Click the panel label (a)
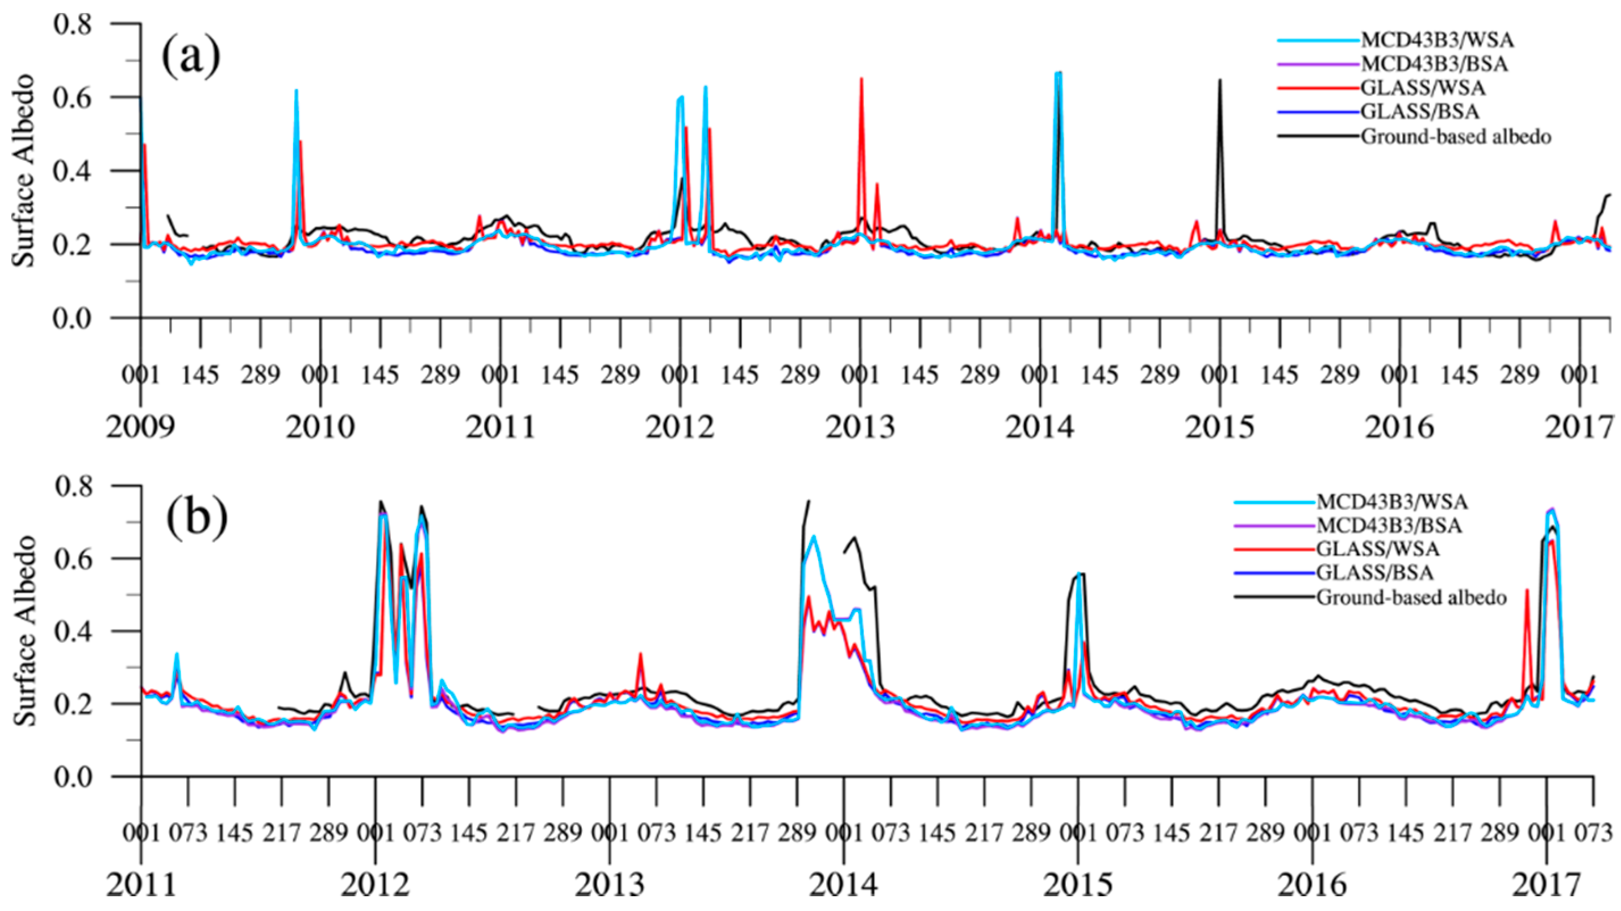click(191, 56)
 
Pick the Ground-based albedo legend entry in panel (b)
click(1411, 597)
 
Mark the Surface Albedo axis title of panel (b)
click(25, 631)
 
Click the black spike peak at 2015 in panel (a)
click(1219, 81)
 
